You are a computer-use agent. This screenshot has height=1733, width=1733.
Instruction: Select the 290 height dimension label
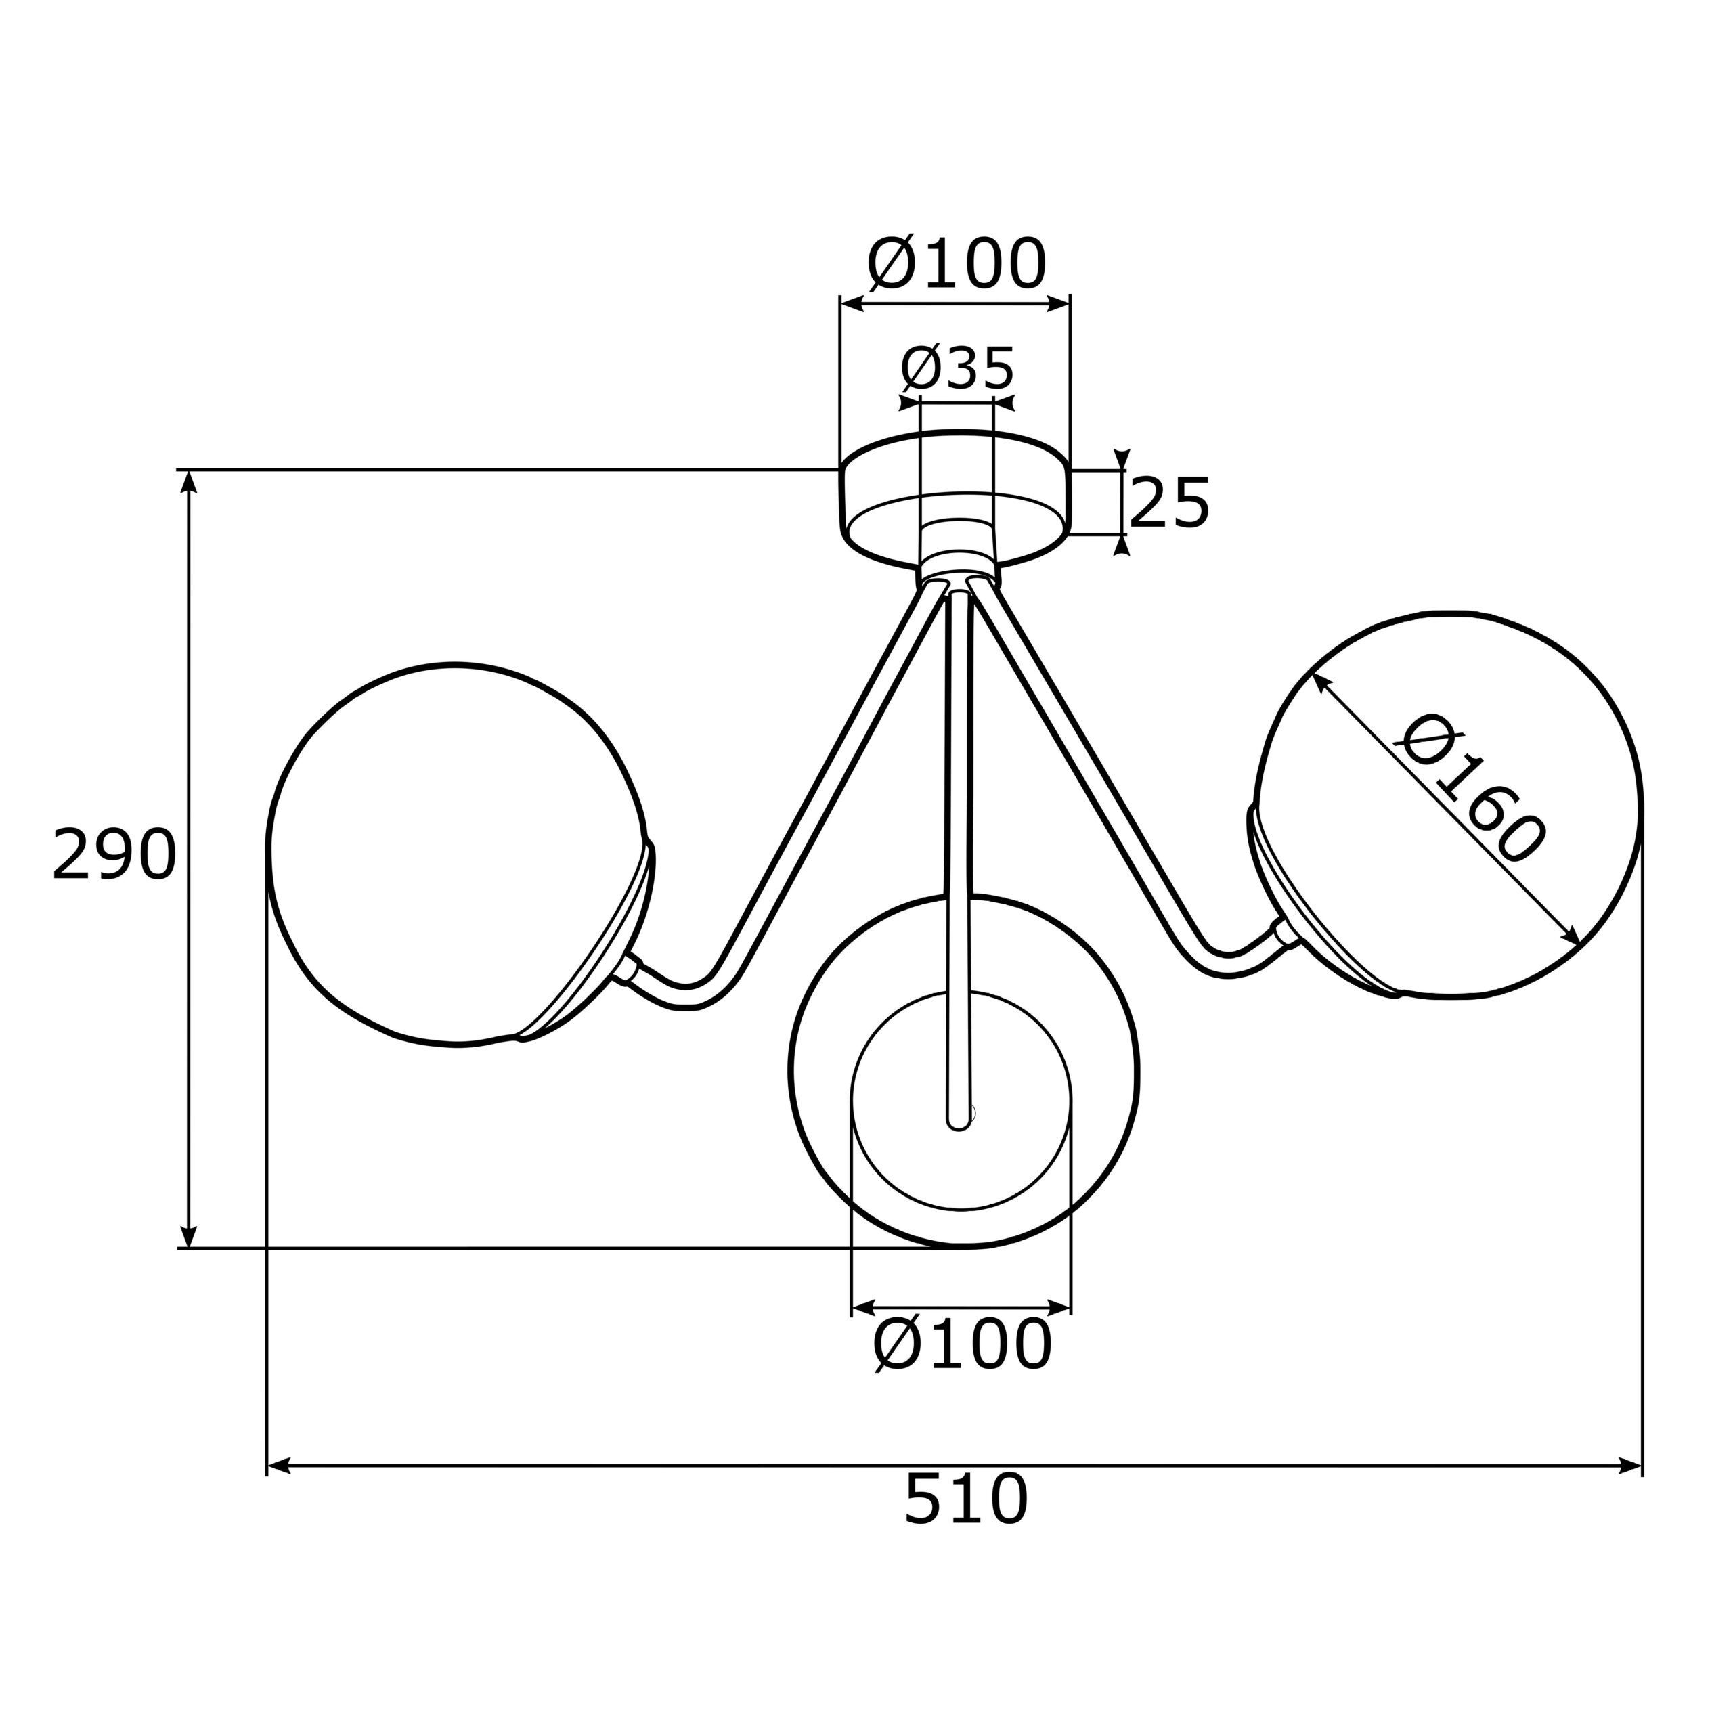coord(114,855)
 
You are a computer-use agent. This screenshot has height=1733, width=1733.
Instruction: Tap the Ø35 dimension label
coord(957,368)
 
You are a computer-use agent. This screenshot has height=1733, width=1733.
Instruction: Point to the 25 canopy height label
coord(1169,503)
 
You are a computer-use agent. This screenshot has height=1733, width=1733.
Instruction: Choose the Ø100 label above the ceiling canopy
coord(957,265)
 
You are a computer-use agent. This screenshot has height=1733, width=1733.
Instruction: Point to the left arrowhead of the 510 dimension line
coord(278,1466)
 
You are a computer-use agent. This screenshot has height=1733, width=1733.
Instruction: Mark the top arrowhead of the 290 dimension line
coord(188,480)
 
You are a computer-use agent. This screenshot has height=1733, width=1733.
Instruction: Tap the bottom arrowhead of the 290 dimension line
coord(188,1235)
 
